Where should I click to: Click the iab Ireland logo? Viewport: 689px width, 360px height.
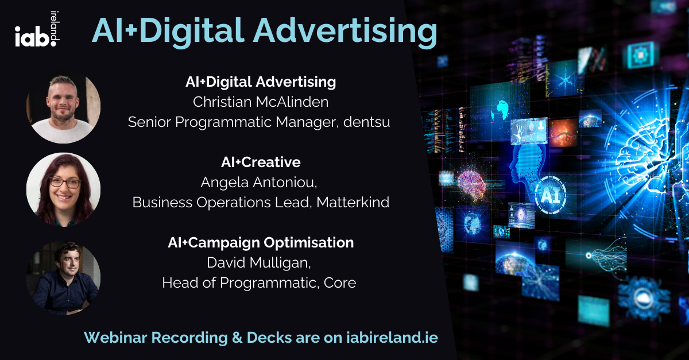(37, 29)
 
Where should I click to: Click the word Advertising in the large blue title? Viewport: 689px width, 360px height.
(345, 32)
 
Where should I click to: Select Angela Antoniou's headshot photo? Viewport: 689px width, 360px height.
(63, 189)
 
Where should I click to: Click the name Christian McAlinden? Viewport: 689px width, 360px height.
(261, 102)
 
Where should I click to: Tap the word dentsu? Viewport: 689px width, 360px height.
(367, 122)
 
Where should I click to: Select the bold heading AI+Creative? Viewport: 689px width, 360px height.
(261, 162)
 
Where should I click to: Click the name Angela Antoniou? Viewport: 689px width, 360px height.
(259, 182)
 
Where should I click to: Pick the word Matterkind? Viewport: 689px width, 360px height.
(353, 203)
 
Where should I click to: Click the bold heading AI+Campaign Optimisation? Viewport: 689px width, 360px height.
(261, 243)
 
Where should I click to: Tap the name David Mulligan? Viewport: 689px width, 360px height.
(259, 263)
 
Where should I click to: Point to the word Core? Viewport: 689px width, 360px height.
(340, 282)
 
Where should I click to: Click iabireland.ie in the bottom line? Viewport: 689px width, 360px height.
(392, 337)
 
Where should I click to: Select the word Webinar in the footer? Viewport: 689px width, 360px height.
(115, 338)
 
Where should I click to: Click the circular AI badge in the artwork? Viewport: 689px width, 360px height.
(551, 195)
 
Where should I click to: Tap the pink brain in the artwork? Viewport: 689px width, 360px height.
(471, 183)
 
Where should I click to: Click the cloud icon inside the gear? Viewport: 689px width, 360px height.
(643, 297)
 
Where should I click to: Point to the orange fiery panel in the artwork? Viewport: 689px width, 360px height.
(563, 133)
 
